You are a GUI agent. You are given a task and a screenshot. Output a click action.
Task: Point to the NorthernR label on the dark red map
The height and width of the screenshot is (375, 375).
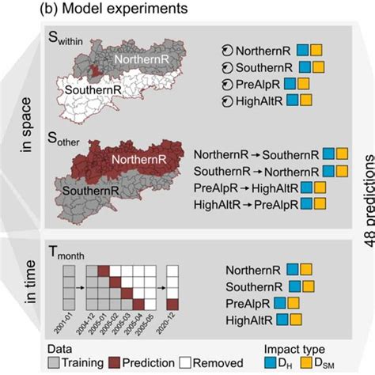click(138, 159)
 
